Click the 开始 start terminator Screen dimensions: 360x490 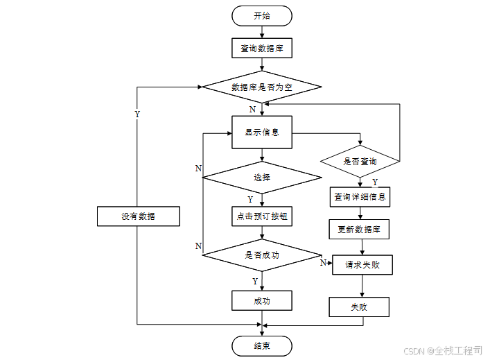pos(262,15)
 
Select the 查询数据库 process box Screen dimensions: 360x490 pos(262,48)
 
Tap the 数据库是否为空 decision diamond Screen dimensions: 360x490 pos(262,87)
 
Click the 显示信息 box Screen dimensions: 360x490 pos(262,132)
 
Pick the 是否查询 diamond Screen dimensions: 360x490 pos(360,161)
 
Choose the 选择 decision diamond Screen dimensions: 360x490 pos(262,177)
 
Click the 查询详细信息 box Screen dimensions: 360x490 pos(360,196)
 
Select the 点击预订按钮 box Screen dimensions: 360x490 pos(262,216)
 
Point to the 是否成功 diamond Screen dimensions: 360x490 pos(262,255)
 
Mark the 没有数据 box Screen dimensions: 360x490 pos(138,216)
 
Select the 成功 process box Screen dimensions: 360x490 pos(262,300)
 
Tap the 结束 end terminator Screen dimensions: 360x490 pos(262,345)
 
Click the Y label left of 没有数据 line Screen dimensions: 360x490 pos(137,114)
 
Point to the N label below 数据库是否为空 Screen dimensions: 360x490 pos(252,110)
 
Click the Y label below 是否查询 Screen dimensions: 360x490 pos(375,182)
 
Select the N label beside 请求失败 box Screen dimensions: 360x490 pos(323,263)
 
